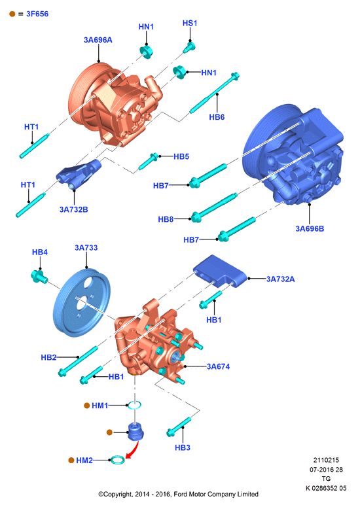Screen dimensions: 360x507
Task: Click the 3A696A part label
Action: [x=98, y=40]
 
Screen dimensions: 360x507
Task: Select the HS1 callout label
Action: [x=190, y=24]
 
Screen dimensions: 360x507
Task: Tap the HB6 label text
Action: [x=217, y=117]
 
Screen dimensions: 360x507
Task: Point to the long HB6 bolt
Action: [x=214, y=94]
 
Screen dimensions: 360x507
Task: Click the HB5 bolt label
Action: [x=181, y=156]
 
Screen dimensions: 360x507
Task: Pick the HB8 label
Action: [x=166, y=219]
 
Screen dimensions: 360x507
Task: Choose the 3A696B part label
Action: [x=310, y=228]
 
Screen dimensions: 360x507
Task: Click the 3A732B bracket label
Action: [x=74, y=209]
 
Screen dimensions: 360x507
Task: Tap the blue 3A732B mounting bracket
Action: [x=79, y=173]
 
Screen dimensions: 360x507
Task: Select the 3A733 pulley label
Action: [x=86, y=248]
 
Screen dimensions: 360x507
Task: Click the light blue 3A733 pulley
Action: [x=82, y=303]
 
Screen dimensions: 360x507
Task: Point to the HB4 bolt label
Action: [x=40, y=253]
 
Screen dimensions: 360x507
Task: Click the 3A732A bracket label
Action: [x=280, y=279]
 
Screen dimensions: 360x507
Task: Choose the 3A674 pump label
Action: [x=219, y=366]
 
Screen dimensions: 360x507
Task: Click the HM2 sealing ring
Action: [x=117, y=460]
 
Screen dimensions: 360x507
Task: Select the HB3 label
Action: [x=183, y=447]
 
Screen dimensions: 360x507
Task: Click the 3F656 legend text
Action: [x=37, y=14]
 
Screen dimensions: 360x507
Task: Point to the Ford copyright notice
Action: [x=178, y=494]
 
